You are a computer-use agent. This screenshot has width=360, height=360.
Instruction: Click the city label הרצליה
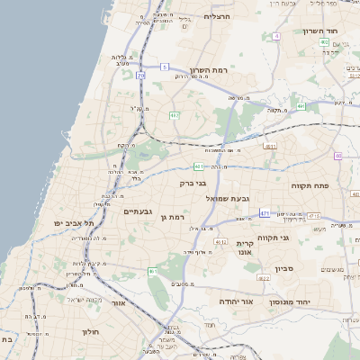(x=218, y=16)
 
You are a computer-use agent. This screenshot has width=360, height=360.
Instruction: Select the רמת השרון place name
(x=212, y=70)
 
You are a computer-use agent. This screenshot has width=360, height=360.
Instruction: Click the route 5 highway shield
(x=165, y=67)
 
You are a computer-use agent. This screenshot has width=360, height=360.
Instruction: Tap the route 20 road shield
(x=140, y=76)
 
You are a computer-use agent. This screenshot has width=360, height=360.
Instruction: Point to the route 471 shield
(x=265, y=212)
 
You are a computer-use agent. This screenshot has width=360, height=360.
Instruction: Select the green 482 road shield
(x=174, y=114)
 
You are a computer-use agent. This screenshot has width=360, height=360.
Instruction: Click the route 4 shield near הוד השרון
(x=277, y=36)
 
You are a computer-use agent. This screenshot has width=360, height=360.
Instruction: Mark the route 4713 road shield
(x=313, y=216)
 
